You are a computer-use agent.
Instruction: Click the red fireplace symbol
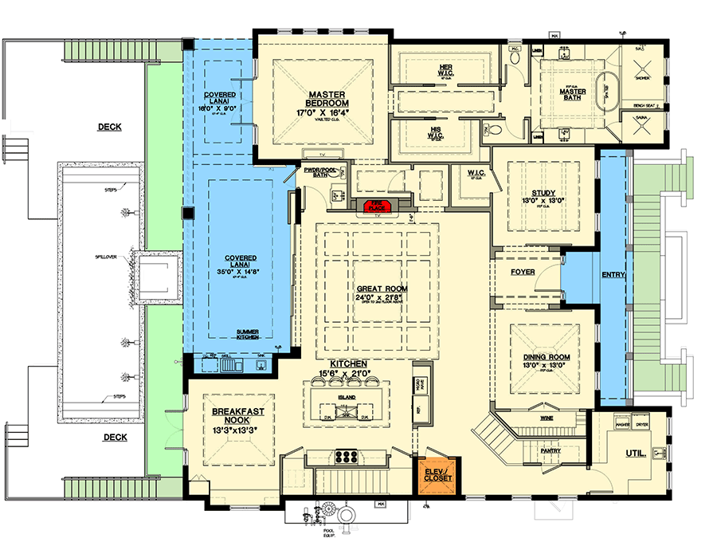click(377, 207)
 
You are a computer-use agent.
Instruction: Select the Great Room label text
click(378, 289)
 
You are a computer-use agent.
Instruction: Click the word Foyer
click(522, 273)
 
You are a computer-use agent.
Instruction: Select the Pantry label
click(550, 451)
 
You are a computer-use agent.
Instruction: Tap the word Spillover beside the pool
click(104, 258)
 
